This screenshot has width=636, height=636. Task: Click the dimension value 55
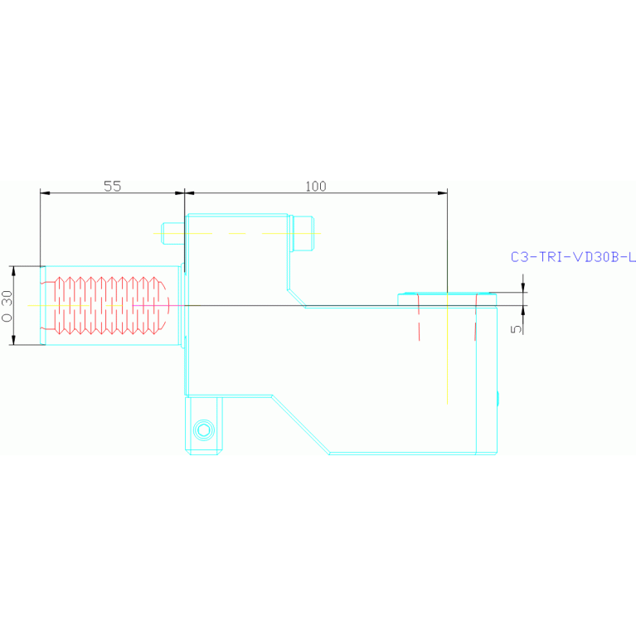coord(112,187)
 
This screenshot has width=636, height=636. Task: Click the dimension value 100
coord(316,187)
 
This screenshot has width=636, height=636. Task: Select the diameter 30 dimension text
coord(7,306)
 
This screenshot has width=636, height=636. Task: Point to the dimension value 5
coord(516,329)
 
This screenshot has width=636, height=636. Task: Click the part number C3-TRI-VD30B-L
coord(573,257)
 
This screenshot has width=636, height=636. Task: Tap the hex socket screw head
coord(204,430)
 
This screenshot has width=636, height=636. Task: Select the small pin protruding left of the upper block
coord(173,234)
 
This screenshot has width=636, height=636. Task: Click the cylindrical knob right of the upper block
coord(303,234)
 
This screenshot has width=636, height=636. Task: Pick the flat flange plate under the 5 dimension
coord(447,299)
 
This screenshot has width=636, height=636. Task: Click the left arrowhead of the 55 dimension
coord(45,193)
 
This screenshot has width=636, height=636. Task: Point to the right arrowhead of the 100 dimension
coord(443,193)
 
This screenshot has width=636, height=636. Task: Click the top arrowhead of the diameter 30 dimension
coord(13,271)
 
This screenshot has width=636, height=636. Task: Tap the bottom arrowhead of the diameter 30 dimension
coord(13,340)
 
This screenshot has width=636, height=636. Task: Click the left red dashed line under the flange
coord(419,318)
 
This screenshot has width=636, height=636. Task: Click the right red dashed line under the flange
coord(476,318)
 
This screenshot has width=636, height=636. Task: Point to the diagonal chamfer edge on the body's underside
coord(300,425)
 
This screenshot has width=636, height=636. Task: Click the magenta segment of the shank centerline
coord(156,305)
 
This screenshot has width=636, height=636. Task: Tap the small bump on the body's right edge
coord(498,398)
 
